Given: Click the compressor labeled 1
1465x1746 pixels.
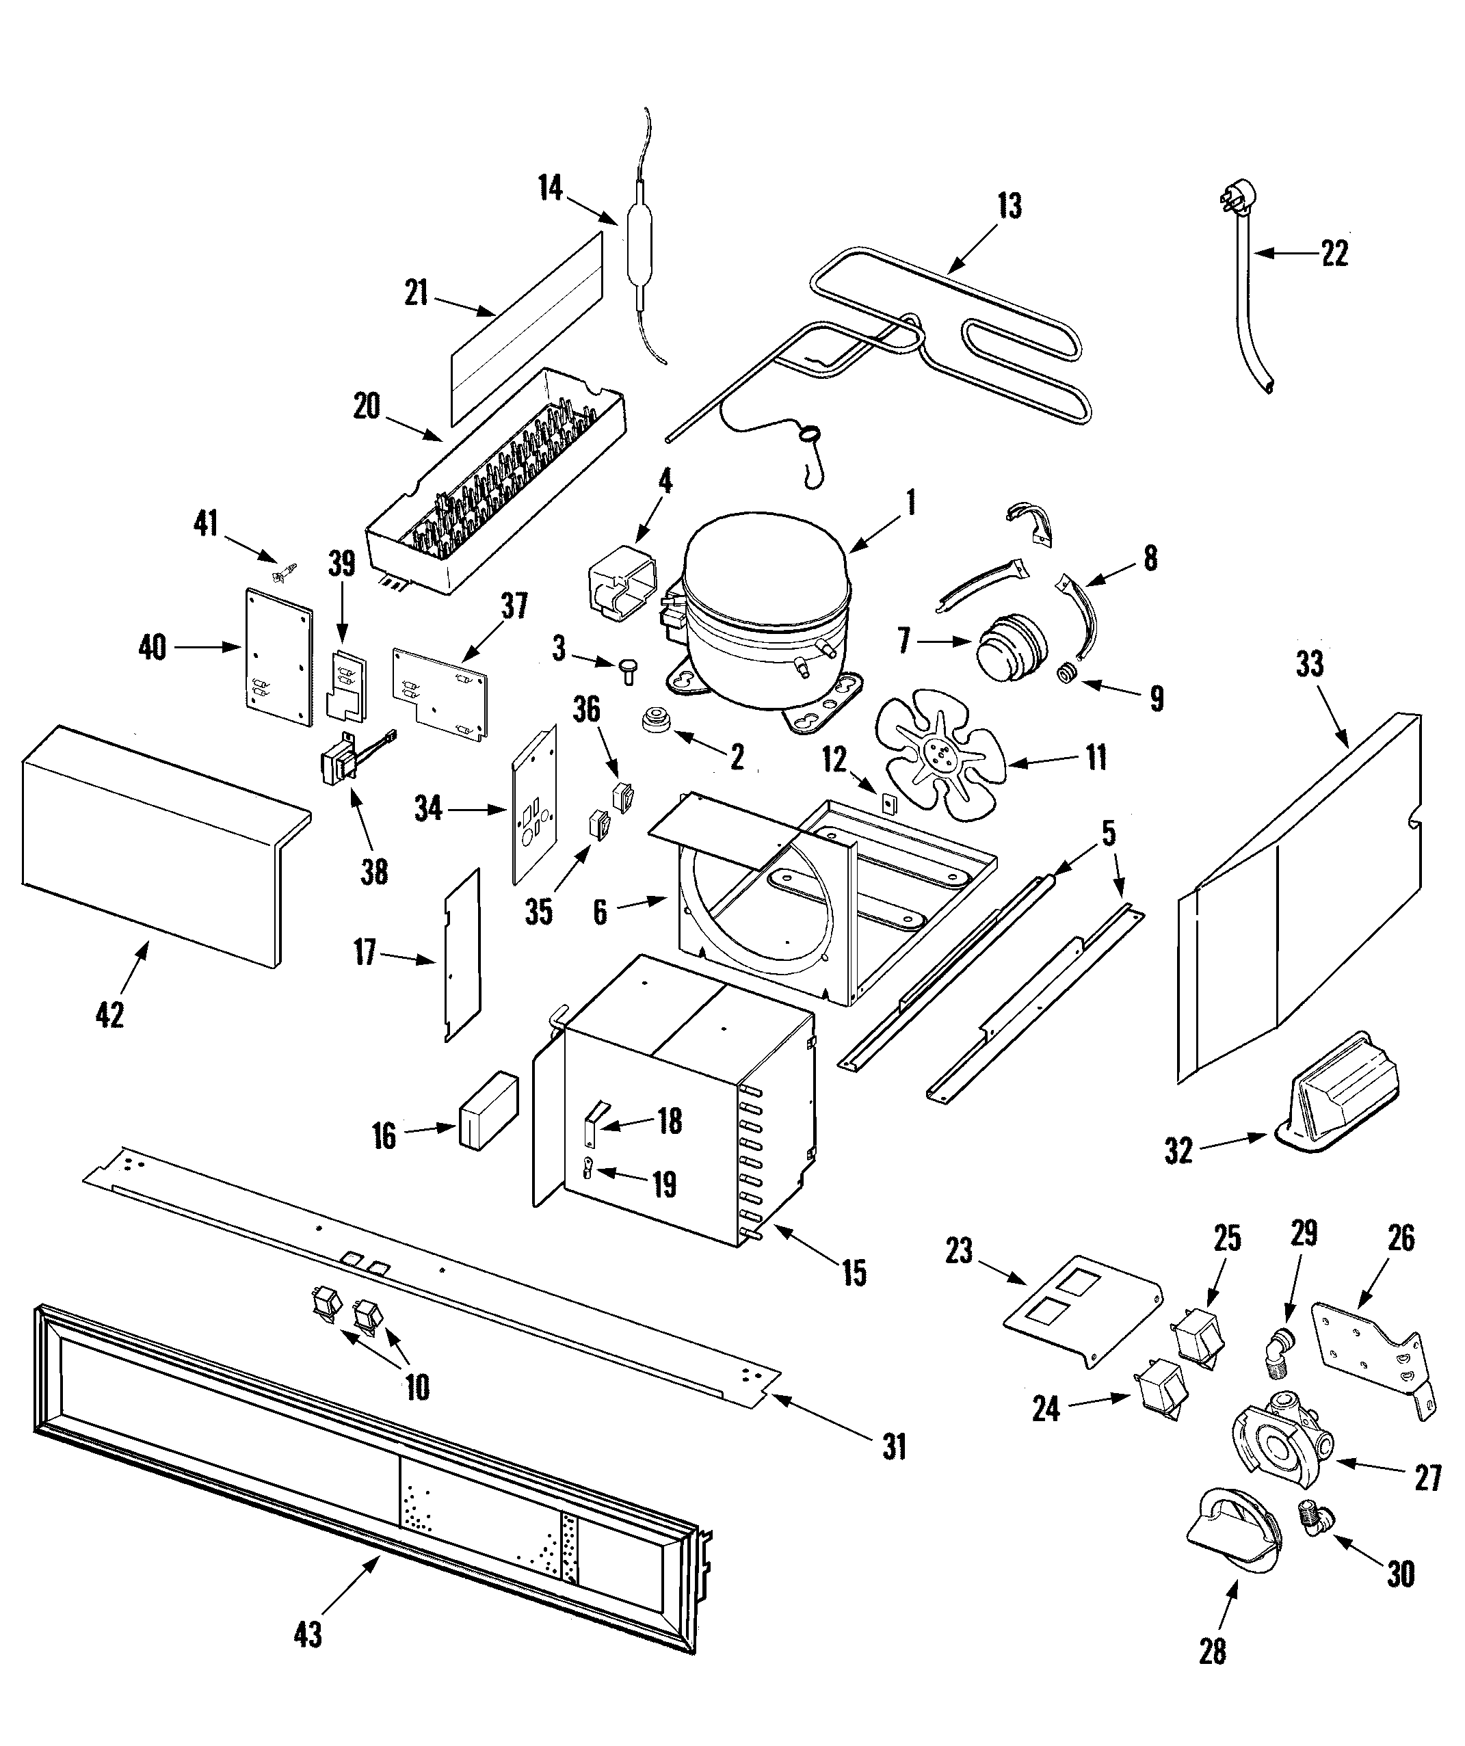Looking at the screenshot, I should (765, 616).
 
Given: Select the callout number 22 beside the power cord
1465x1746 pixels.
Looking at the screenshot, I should (1334, 254).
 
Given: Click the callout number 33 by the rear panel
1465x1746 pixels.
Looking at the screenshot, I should (1310, 665).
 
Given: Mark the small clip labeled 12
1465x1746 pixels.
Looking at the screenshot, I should (887, 803).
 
